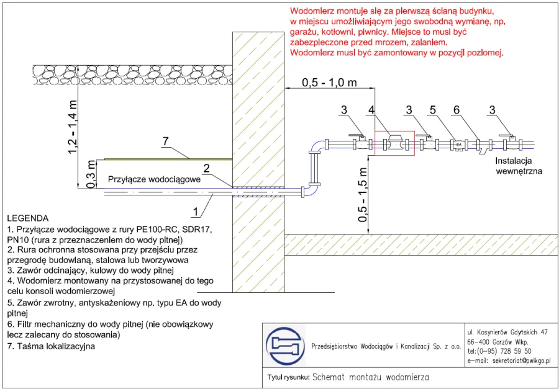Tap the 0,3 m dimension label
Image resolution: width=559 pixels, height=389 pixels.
coord(90,173)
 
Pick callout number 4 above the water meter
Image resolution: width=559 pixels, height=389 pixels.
coord(370,110)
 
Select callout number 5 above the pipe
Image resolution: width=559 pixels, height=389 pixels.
coord(433,110)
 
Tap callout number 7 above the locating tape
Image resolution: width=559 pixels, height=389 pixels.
coord(165,142)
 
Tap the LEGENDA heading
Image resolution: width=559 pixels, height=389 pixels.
coord(27,218)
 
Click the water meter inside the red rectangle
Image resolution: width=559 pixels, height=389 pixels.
coord(394,143)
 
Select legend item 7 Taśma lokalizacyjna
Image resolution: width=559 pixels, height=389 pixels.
coord(51,346)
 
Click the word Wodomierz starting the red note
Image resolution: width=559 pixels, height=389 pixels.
coord(313,11)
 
